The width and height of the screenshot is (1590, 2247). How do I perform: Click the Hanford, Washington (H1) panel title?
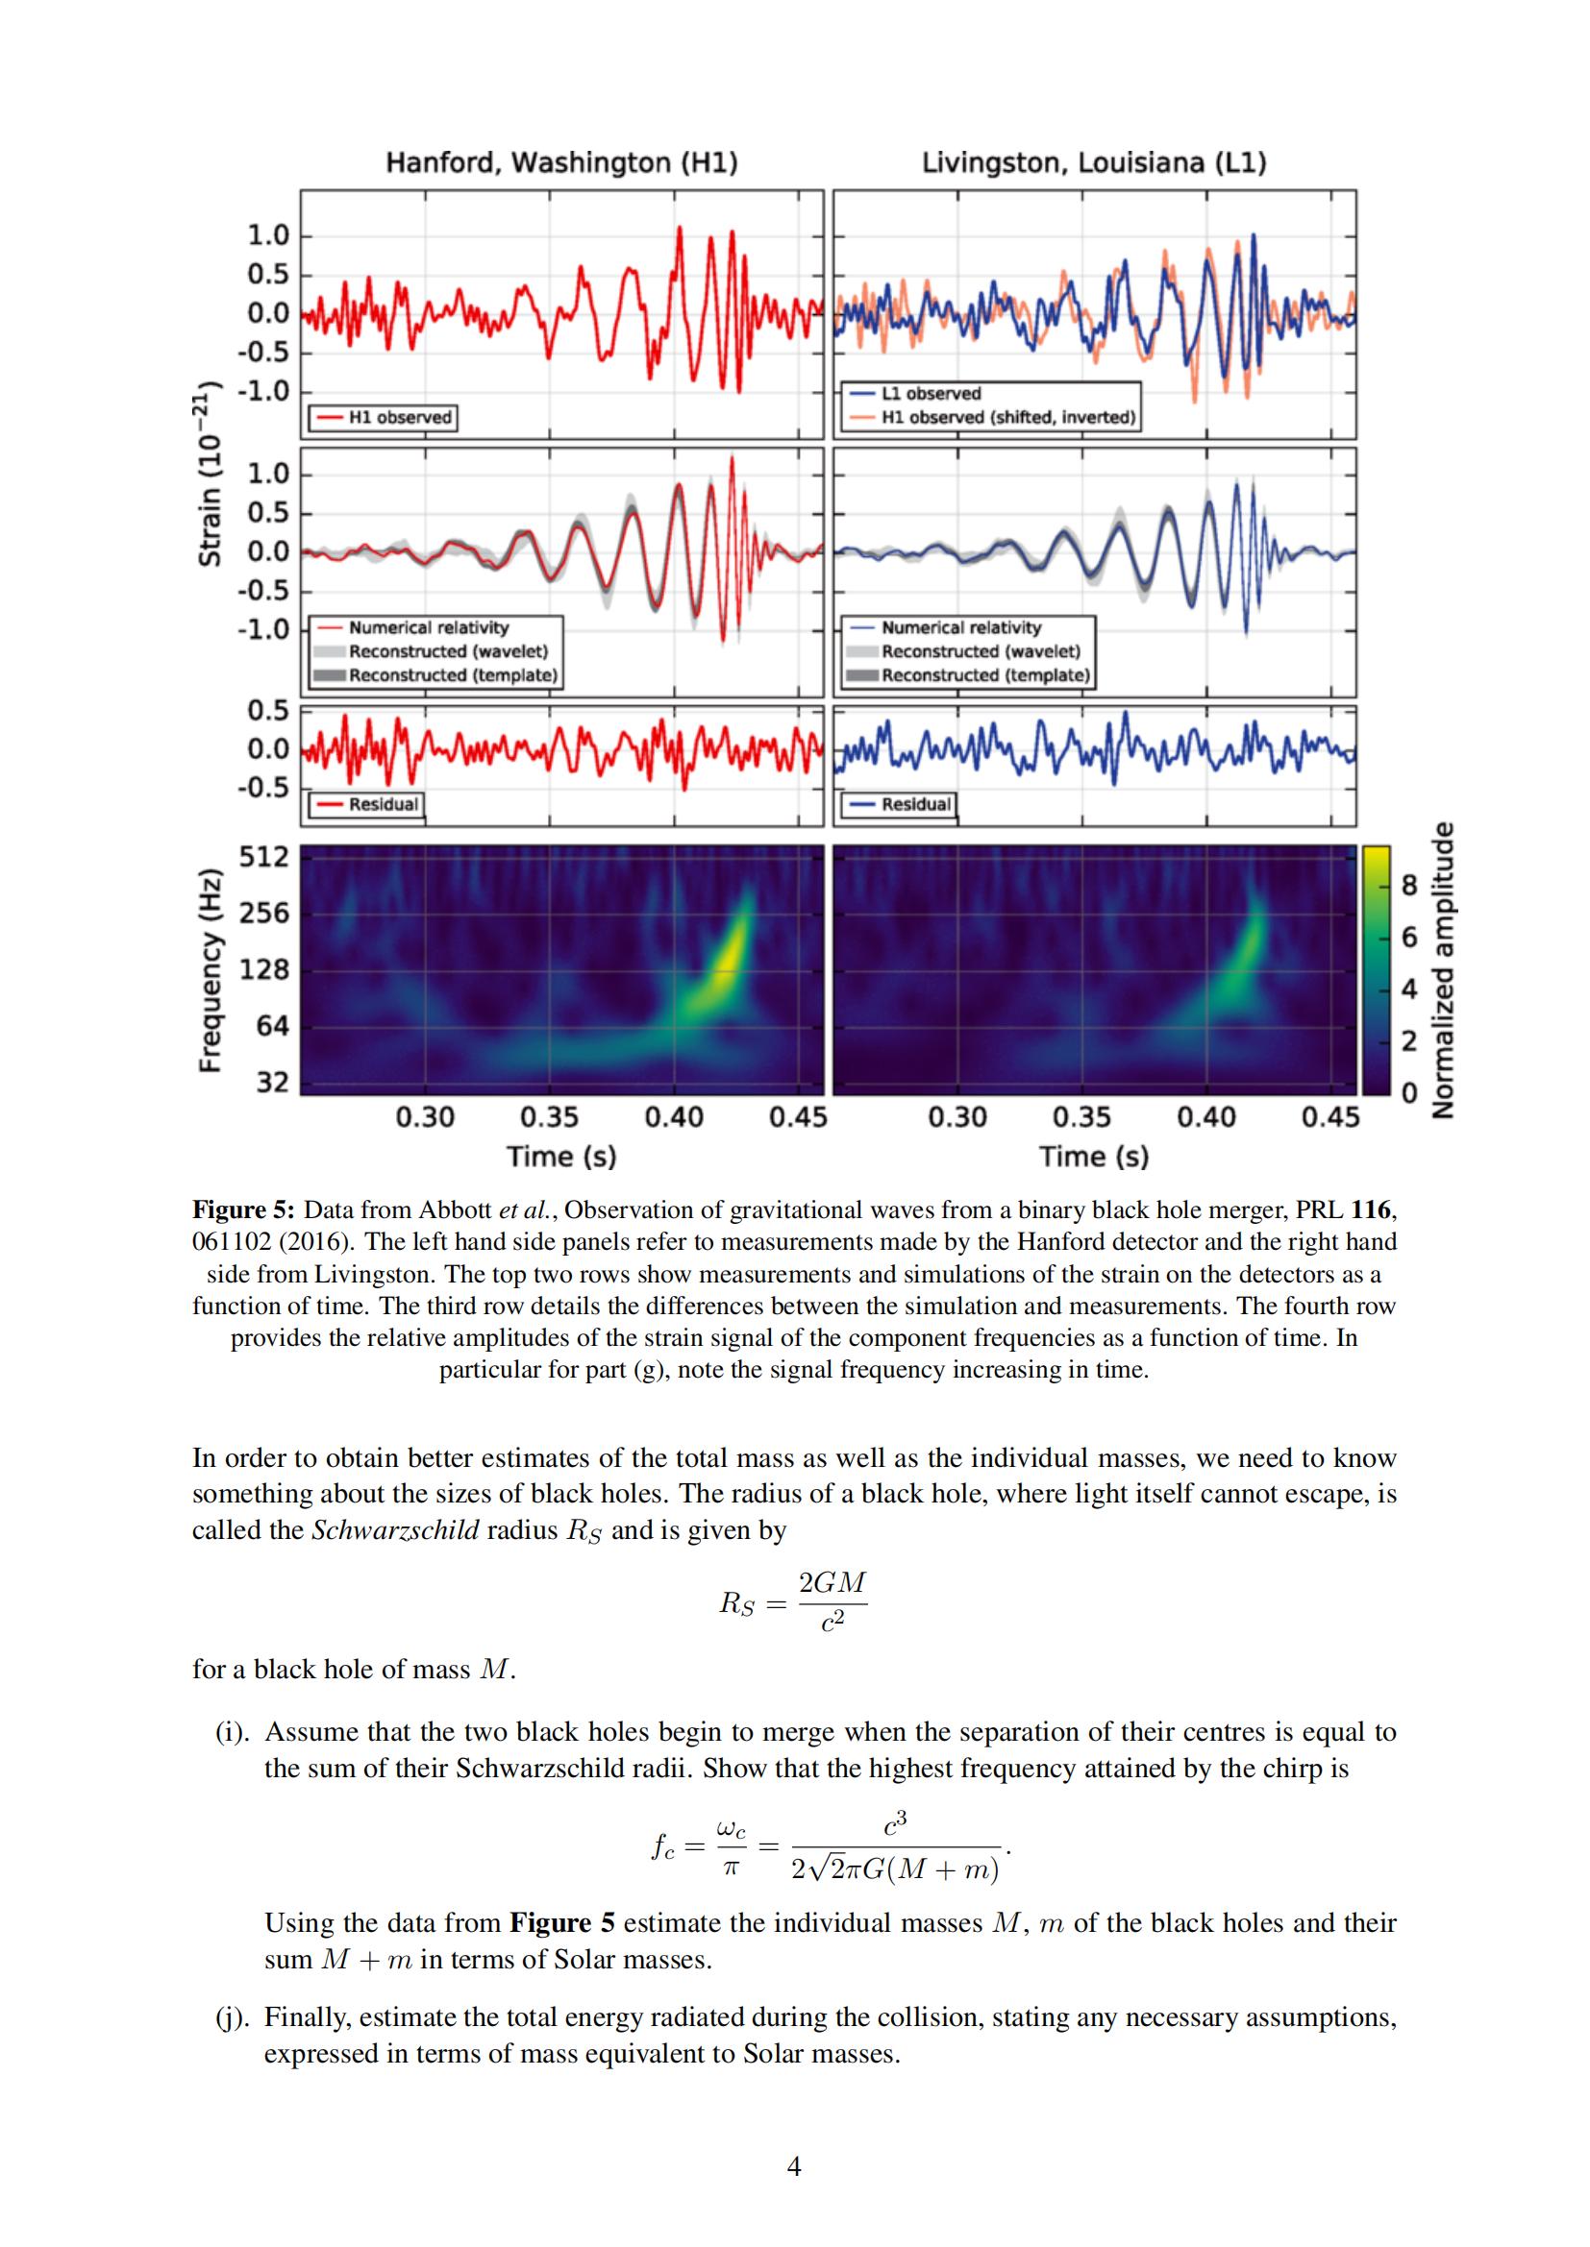pyautogui.click(x=562, y=162)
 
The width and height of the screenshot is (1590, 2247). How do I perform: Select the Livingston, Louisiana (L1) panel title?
pyautogui.click(x=1094, y=162)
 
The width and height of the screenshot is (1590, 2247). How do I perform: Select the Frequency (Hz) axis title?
pyautogui.click(x=209, y=969)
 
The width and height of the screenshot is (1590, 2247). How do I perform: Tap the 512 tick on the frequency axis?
pyautogui.click(x=265, y=857)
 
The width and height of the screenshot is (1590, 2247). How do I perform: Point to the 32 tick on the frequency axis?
pyautogui.click(x=273, y=1082)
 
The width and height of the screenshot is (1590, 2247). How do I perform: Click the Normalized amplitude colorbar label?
pyautogui.click(x=1441, y=969)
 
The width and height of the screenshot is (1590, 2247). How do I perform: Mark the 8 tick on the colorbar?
pyautogui.click(x=1409, y=886)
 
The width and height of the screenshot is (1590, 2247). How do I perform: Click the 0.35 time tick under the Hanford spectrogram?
pyautogui.click(x=549, y=1116)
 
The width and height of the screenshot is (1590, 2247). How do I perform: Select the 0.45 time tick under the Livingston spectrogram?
pyautogui.click(x=1330, y=1116)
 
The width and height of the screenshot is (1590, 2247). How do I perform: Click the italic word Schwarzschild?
pyautogui.click(x=395, y=1529)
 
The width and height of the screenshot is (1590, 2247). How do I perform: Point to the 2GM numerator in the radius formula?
pyautogui.click(x=832, y=1582)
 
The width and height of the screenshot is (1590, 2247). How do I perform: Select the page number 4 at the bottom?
pyautogui.click(x=794, y=2193)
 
